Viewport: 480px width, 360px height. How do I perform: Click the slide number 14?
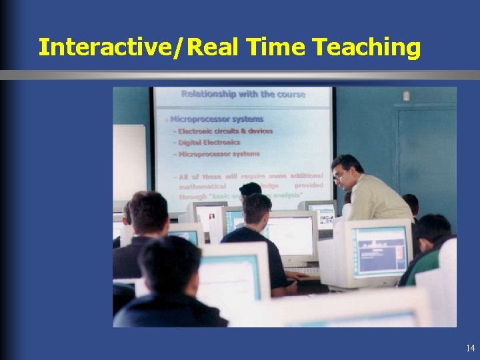471,348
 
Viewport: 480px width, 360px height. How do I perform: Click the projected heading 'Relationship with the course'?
243,95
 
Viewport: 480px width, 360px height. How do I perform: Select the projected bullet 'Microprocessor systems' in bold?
216,119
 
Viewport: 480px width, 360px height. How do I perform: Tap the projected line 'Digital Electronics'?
209,142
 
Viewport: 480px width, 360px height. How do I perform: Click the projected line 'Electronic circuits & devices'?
225,131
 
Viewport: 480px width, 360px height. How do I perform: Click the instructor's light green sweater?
379,200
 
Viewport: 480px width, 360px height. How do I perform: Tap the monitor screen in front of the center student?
290,237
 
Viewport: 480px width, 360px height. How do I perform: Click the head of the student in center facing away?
256,208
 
